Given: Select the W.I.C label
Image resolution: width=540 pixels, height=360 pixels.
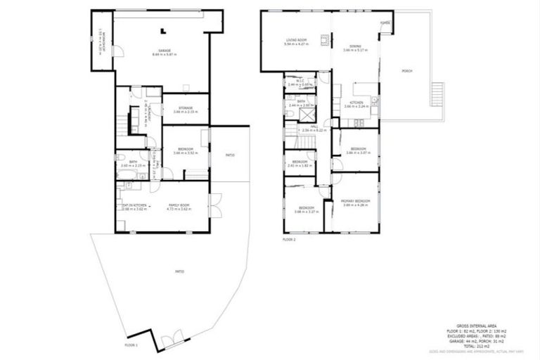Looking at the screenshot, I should click(x=299, y=82).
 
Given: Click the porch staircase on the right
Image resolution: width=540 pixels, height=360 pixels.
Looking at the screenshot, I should click(x=437, y=93).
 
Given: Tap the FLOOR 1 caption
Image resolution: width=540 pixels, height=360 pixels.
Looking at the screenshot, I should click(x=131, y=346).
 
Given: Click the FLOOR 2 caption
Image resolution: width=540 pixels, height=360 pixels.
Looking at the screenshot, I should click(x=289, y=240).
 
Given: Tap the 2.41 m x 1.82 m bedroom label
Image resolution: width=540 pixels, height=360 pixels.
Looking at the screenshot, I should click(x=300, y=163).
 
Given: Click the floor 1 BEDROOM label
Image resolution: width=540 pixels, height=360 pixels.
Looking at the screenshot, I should click(x=186, y=150).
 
